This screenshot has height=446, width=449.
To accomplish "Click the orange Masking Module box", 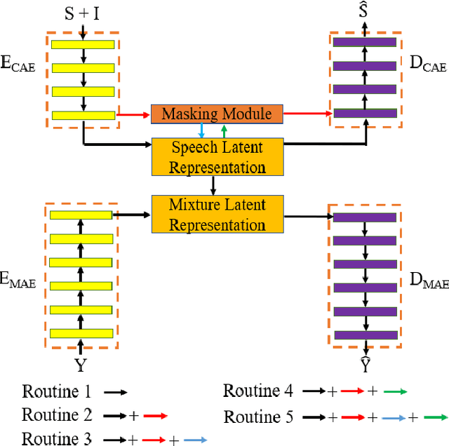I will point(217,114).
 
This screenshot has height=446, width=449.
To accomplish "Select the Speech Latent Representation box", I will point(217,157).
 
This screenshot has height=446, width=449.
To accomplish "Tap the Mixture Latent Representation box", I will point(217,215).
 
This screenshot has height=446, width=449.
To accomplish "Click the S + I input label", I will point(83,13).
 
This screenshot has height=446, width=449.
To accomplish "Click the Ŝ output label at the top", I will point(363,11).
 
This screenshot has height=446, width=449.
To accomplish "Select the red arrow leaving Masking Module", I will point(307,113).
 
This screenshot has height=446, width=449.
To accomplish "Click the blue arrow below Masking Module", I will point(201,130).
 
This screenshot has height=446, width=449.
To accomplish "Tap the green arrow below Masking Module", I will point(224,130).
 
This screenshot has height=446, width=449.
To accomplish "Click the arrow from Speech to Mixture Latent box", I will point(213,185).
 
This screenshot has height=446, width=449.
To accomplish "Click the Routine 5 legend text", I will point(257,417).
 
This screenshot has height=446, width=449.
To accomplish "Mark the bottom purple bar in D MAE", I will point(365,335).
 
